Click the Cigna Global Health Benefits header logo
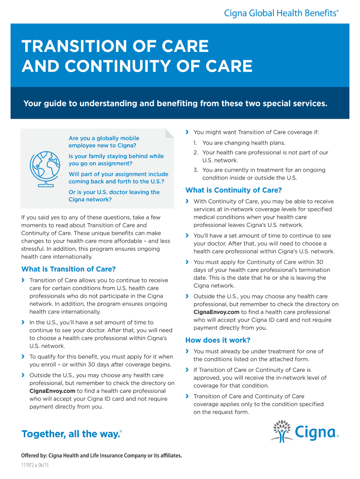click(281, 14)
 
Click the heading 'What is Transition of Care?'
click(68, 269)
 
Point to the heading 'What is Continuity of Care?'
click(234, 190)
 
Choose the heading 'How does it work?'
click(218, 340)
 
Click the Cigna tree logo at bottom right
click(304, 431)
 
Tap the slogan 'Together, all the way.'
click(71, 434)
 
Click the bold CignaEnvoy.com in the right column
click(216, 312)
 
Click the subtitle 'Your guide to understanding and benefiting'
click(175, 103)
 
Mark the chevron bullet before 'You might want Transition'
click(187, 132)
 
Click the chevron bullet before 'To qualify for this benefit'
click(23, 356)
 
